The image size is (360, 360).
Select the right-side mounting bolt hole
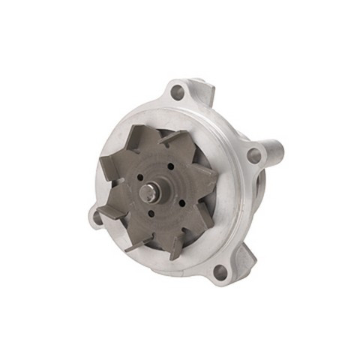[x=254, y=156]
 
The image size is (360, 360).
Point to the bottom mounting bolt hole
[x=220, y=273]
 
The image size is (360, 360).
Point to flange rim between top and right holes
[x=225, y=120]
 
